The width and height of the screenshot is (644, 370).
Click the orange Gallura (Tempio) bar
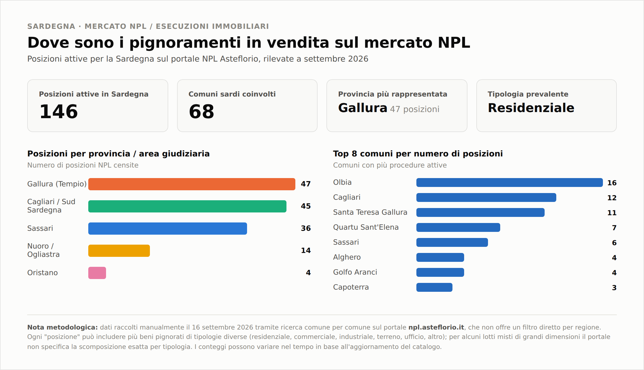(192, 184)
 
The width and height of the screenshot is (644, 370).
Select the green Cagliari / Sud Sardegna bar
(187, 206)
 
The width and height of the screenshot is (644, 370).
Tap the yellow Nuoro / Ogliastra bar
(119, 251)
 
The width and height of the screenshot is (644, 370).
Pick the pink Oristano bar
(97, 273)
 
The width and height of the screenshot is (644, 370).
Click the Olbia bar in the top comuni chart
(510, 183)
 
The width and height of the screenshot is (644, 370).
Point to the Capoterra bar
(434, 287)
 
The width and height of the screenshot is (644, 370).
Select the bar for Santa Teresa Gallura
(481, 212)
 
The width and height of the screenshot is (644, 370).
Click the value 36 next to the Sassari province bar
(306, 228)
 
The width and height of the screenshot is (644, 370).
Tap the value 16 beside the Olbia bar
(612, 183)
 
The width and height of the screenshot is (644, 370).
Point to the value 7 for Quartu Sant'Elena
(614, 228)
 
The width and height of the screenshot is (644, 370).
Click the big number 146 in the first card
(59, 111)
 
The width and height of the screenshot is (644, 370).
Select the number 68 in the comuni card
(202, 111)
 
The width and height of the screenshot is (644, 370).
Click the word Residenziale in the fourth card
(531, 108)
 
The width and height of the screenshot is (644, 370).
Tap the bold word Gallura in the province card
(363, 108)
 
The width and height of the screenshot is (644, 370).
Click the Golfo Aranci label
(355, 272)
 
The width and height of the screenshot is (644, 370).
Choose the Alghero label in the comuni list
(347, 257)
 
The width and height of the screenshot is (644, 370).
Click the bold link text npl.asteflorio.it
(436, 328)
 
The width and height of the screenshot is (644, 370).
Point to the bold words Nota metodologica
(62, 327)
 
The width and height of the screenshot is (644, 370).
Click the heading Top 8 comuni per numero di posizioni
(418, 154)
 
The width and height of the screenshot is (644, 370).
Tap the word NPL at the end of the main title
(454, 43)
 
